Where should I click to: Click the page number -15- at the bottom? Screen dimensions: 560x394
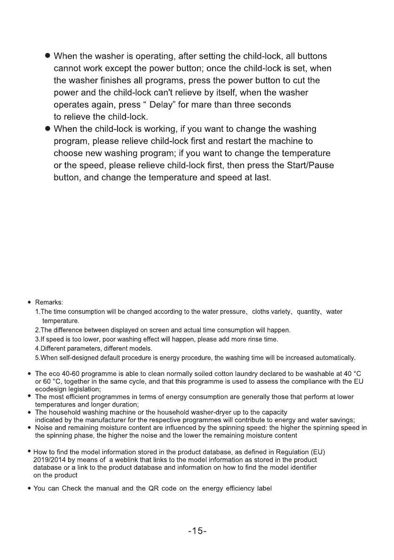[197, 531]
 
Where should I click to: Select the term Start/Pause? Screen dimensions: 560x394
[309, 166]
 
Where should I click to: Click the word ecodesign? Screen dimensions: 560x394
[51, 389]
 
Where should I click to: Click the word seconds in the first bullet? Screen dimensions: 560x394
[271, 104]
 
